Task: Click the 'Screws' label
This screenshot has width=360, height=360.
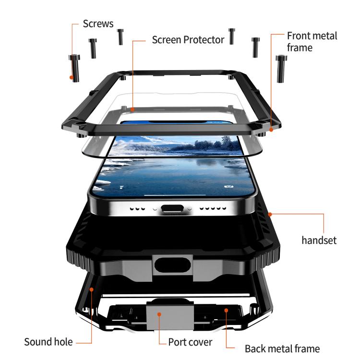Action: click(x=98, y=24)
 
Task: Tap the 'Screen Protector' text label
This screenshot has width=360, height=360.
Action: click(x=188, y=40)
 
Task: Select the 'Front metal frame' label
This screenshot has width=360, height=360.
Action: click(x=312, y=42)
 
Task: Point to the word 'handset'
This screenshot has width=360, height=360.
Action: click(x=319, y=240)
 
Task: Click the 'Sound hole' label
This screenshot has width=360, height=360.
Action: click(x=48, y=342)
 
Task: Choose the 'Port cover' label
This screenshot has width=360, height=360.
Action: click(x=190, y=342)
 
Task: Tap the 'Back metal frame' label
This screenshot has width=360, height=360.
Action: click(x=282, y=349)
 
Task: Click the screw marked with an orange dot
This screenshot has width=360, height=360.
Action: click(x=74, y=68)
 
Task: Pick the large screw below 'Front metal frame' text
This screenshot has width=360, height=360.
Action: click(x=281, y=69)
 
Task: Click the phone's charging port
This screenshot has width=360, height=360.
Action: click(x=172, y=208)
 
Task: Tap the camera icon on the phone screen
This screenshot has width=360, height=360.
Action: click(x=228, y=186)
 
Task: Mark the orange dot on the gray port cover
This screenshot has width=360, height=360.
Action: click(x=159, y=314)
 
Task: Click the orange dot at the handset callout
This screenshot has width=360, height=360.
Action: click(x=270, y=215)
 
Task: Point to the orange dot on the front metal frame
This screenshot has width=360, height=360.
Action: click(x=271, y=130)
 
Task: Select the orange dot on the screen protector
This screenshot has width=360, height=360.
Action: click(x=132, y=109)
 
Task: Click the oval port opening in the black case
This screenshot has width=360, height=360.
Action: click(x=172, y=265)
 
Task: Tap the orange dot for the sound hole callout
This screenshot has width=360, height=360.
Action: click(x=91, y=289)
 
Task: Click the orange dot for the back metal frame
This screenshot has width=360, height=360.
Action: click(x=226, y=311)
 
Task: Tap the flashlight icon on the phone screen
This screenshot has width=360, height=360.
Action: click(x=121, y=187)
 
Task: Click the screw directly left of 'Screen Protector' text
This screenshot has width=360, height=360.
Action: click(x=120, y=37)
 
